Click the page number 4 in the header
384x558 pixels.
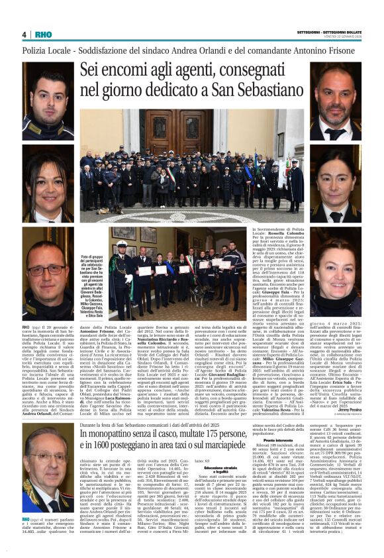tap(24, 34)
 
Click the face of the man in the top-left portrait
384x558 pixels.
tap(48, 92)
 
